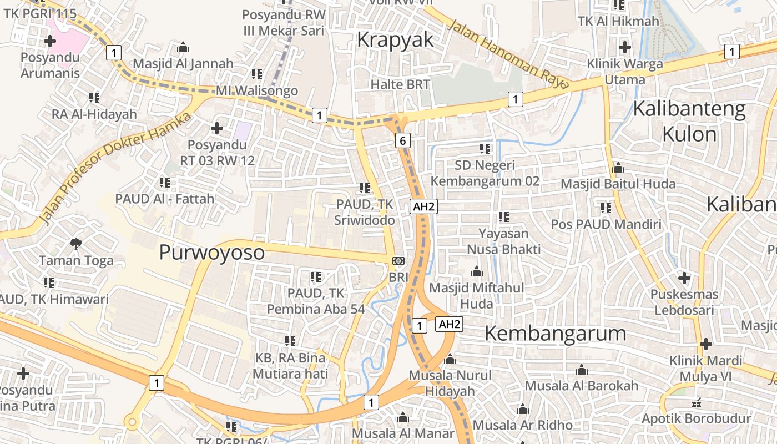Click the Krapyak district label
(395, 40)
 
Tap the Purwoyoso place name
(212, 252)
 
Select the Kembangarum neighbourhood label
(555, 334)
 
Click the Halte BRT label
(400, 84)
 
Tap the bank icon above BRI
(398, 260)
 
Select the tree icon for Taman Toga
(76, 244)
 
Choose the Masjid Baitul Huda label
(618, 184)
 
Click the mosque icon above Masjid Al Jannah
(183, 48)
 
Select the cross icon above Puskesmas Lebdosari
(684, 277)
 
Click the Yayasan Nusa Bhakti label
(503, 241)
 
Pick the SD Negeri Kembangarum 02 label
(485, 173)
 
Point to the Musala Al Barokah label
(581, 385)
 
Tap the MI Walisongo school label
(257, 90)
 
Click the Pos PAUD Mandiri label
(606, 224)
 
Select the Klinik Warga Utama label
(625, 72)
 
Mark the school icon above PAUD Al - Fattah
(164, 182)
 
